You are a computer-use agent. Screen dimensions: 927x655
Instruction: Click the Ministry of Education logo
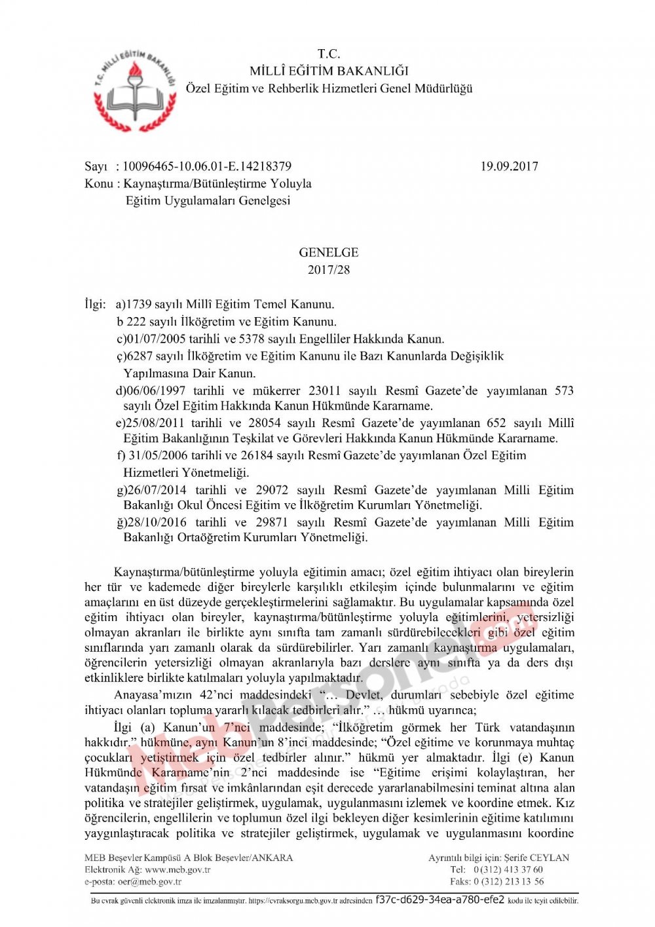(135, 88)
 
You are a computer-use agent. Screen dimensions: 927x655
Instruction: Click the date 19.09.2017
(509, 166)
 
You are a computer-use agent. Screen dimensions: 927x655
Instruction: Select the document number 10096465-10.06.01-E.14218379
(207, 166)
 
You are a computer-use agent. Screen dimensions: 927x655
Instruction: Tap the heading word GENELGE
(329, 252)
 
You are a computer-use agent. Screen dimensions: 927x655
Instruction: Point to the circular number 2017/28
(329, 269)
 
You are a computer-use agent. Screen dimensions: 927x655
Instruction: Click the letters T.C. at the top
(329, 54)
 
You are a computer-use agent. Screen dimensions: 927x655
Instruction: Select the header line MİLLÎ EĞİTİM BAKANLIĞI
(329, 71)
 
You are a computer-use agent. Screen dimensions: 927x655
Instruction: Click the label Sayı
(96, 166)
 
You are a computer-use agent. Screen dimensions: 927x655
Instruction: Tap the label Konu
(98, 183)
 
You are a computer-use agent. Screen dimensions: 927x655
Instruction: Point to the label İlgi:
(95, 304)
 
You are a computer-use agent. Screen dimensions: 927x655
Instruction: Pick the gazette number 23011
(324, 390)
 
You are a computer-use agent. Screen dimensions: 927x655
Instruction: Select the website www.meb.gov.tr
(178, 870)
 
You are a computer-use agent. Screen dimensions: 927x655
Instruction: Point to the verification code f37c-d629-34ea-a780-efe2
(440, 900)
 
